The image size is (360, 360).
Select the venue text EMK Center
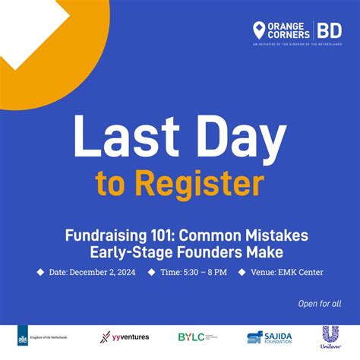tap(294, 271)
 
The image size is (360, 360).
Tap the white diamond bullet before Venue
tap(242, 271)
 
